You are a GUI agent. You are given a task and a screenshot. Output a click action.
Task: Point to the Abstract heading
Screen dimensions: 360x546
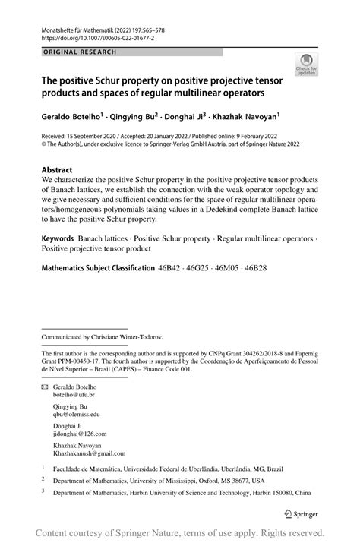58,170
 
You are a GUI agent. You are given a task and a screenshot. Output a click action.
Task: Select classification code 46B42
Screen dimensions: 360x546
173,269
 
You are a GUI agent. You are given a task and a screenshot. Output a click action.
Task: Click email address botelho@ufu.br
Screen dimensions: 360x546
74,396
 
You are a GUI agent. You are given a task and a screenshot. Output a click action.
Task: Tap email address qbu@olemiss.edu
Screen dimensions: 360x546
76,415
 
